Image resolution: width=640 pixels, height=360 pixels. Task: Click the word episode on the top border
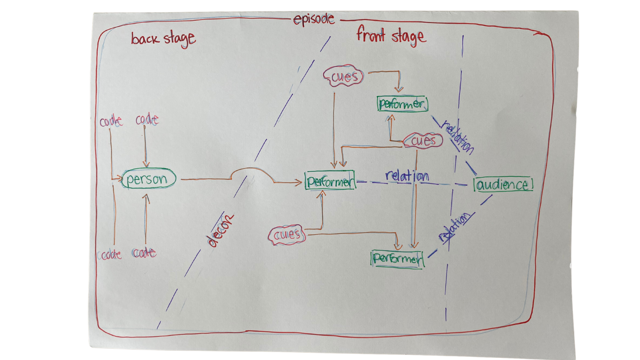314,19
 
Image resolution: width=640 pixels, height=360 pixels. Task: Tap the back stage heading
163,39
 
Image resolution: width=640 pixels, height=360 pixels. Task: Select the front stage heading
391,36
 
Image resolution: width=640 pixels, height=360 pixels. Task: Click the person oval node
148,179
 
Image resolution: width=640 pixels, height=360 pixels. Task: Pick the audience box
503,184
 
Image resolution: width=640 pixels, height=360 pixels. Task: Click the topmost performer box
402,104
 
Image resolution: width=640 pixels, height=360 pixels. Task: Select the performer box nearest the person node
330,181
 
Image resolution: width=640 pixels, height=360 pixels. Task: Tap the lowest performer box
397,259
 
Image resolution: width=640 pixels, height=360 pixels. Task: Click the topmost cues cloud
344,76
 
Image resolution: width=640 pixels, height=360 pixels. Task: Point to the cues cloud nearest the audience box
423,140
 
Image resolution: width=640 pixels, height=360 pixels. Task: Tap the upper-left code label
111,121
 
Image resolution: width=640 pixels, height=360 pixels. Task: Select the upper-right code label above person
147,119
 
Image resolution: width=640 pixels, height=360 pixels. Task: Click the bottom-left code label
110,255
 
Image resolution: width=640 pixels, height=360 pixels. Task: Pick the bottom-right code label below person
144,253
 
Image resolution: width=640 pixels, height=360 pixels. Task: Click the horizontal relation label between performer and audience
407,176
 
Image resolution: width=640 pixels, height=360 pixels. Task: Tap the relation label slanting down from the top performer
457,137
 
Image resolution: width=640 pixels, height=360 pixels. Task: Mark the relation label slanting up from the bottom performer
454,227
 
